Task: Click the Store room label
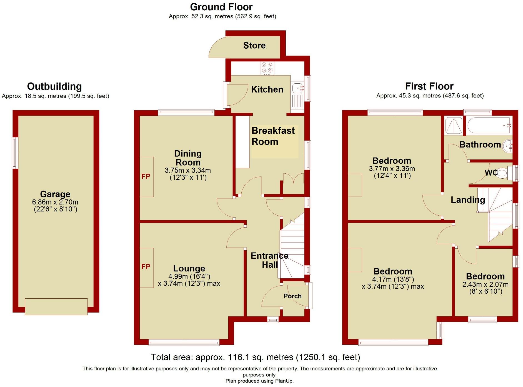click(x=254, y=46)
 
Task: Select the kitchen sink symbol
click(x=298, y=89)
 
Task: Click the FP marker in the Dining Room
click(x=146, y=177)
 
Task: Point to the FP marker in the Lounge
click(x=146, y=267)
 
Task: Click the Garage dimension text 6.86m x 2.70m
click(x=55, y=202)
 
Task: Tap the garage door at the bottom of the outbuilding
click(x=56, y=307)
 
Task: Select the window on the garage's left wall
click(x=15, y=153)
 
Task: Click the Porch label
click(x=292, y=296)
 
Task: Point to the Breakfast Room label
click(x=273, y=136)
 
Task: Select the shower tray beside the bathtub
click(x=454, y=125)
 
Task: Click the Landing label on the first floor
click(x=468, y=200)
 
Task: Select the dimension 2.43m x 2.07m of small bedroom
click(x=485, y=284)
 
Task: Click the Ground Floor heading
click(x=221, y=7)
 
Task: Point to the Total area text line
click(x=255, y=357)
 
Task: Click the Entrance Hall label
click(x=269, y=260)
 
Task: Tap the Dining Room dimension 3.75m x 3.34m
click(x=188, y=170)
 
